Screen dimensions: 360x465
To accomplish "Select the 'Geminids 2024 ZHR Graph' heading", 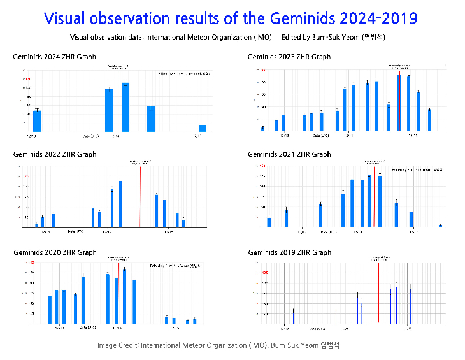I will coord(55,57).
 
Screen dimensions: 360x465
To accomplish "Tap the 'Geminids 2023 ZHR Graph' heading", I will coord(289,57).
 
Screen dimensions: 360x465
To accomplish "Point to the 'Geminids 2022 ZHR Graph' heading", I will coord(55,154).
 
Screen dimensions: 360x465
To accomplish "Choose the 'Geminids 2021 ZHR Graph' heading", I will coord(289,154).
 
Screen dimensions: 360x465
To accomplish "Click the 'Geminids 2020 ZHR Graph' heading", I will coord(55,252).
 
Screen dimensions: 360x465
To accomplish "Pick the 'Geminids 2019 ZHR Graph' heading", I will coord(289,252).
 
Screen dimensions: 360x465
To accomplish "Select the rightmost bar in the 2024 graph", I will coord(202,128).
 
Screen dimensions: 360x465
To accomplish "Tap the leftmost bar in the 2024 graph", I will coord(37,120).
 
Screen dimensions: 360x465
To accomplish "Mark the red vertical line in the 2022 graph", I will coord(140,194).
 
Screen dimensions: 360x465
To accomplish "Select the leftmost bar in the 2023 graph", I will coord(262,129).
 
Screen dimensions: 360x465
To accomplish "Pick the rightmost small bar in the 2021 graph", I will coord(440,226).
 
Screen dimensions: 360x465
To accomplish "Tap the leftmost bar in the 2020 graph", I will coord(50,310).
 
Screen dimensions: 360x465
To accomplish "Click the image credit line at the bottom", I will coord(218,345).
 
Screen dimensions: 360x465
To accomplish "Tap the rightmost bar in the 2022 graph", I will coord(183,223).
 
